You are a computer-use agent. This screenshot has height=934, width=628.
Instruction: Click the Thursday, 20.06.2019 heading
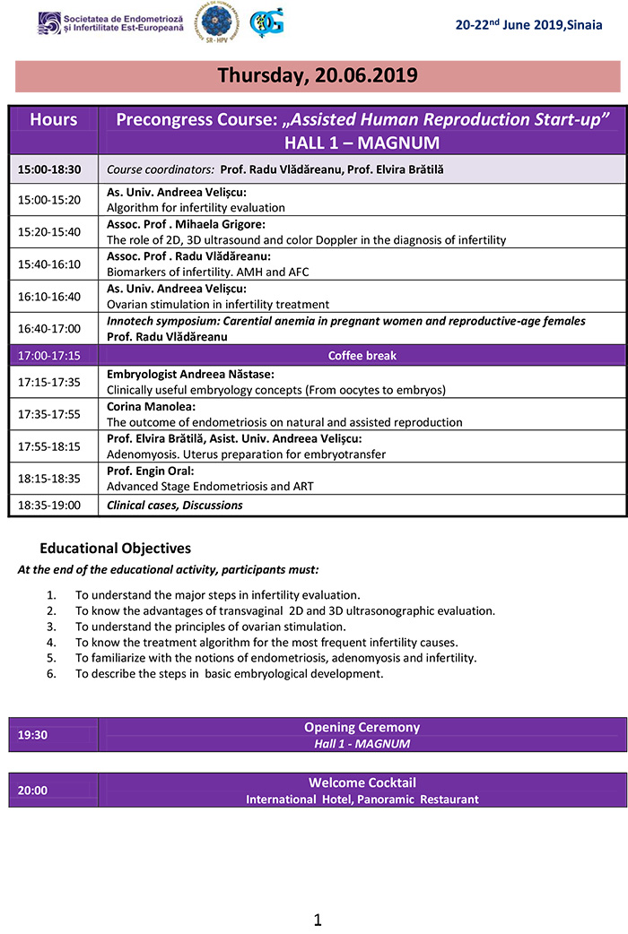(x=318, y=76)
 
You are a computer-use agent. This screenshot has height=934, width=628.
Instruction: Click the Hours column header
(x=54, y=120)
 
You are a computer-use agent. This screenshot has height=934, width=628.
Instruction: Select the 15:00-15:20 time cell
(x=49, y=200)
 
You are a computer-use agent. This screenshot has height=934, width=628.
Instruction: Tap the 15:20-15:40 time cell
(x=49, y=231)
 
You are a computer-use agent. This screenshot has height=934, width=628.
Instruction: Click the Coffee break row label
(x=362, y=356)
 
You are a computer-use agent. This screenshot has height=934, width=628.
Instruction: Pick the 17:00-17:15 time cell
(x=49, y=356)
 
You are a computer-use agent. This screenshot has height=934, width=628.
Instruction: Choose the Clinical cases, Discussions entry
(x=175, y=505)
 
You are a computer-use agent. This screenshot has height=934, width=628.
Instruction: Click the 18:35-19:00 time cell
(x=49, y=505)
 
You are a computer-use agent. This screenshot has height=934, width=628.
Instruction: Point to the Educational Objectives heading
(x=115, y=549)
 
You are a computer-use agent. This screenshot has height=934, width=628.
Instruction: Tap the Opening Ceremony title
(x=362, y=728)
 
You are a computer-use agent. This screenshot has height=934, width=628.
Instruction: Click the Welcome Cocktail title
(x=362, y=783)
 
